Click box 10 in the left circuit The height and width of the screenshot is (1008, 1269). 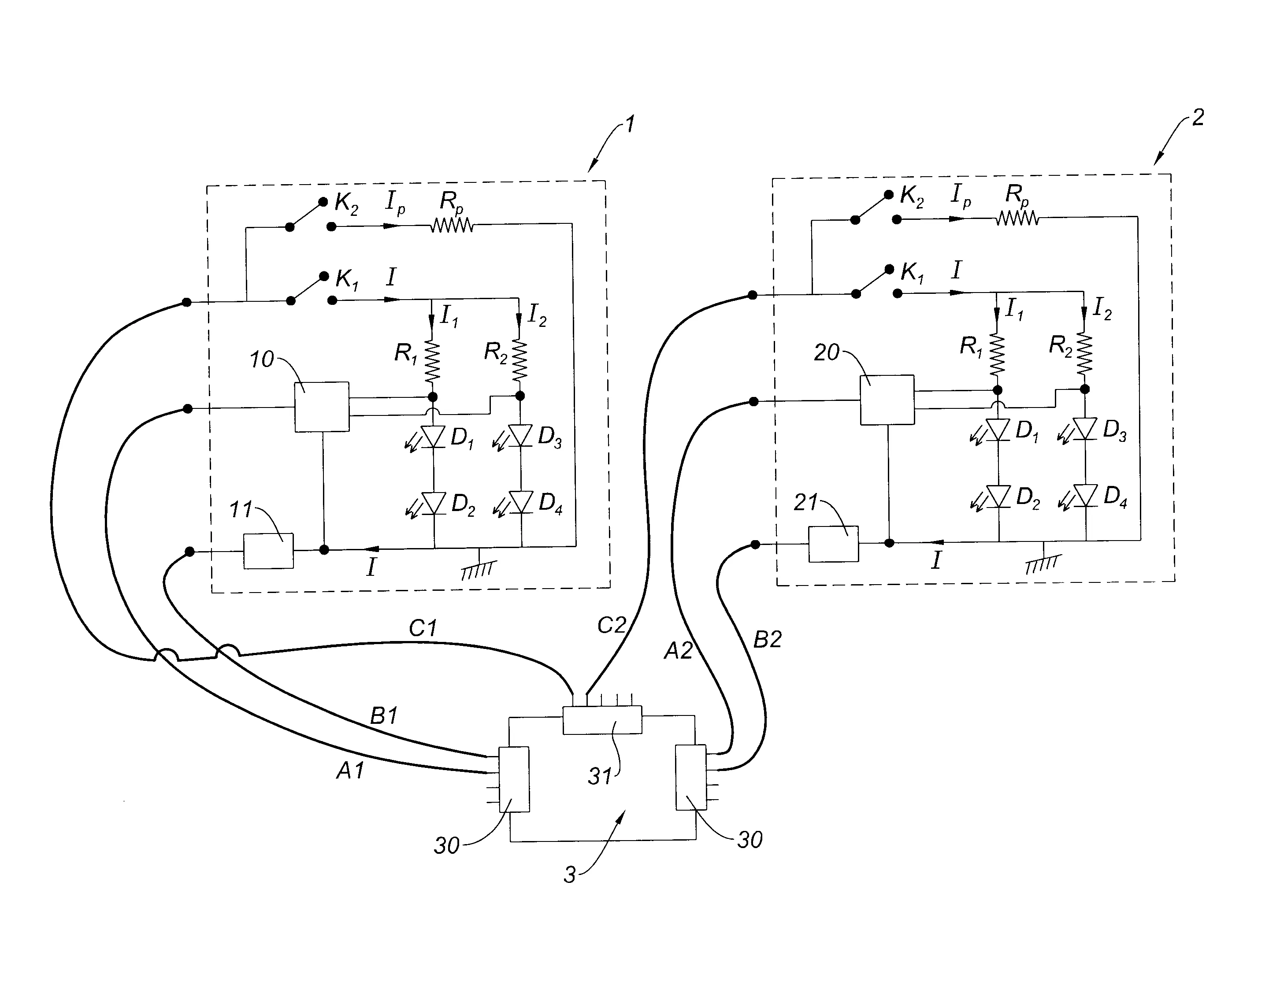(x=321, y=407)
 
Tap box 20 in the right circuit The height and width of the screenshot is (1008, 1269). (x=887, y=400)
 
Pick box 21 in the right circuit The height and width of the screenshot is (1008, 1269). (x=833, y=544)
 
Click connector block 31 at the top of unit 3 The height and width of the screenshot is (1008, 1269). (x=602, y=720)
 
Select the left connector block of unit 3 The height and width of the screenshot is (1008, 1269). (x=514, y=779)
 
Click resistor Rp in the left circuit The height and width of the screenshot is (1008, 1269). (x=452, y=225)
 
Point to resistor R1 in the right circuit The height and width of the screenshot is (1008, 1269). (x=997, y=355)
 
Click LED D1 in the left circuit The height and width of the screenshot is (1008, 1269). (x=433, y=437)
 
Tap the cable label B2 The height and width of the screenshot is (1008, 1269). (x=768, y=640)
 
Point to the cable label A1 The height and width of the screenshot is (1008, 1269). (x=350, y=770)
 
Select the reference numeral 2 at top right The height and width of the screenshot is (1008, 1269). (x=1198, y=117)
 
